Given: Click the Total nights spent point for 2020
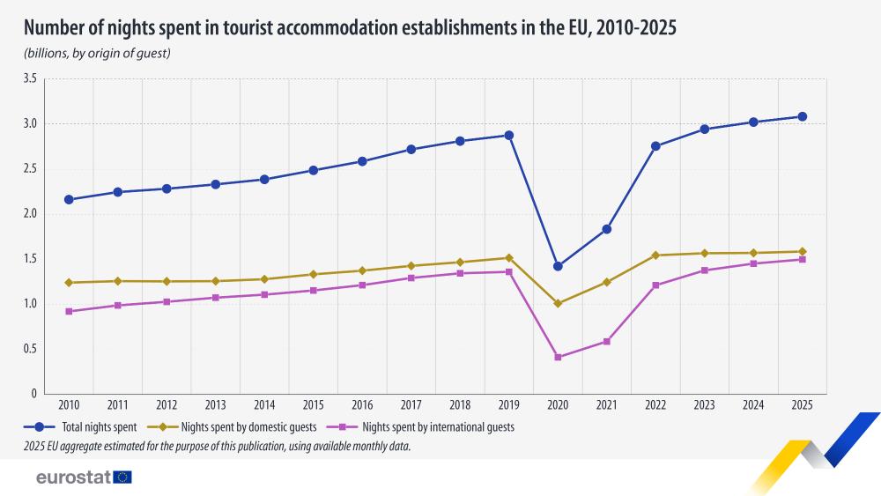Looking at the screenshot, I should click(x=558, y=266).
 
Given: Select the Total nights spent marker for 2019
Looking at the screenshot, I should click(x=509, y=135).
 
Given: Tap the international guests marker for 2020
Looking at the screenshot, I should click(x=558, y=357).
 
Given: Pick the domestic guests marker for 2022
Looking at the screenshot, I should click(x=655, y=255).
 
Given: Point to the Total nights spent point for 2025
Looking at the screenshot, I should click(x=803, y=116).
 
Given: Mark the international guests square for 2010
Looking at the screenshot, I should click(x=69, y=311).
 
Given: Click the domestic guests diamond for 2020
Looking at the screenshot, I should click(x=558, y=303).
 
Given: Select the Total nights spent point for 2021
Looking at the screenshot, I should click(x=607, y=229).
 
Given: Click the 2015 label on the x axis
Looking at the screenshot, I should click(x=314, y=405).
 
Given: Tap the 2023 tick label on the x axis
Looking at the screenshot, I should click(x=705, y=405).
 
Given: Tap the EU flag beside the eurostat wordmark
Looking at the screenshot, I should click(x=122, y=477).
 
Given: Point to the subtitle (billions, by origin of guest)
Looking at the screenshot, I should click(x=97, y=54).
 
